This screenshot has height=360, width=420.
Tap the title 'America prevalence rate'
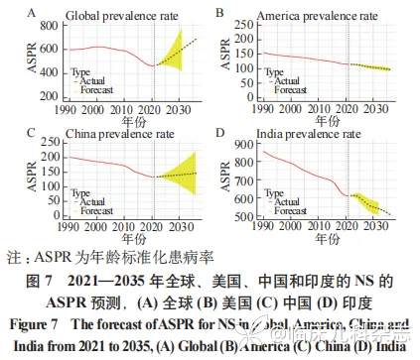click(x=306, y=16)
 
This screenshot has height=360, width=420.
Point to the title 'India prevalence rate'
click(x=300, y=130)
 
